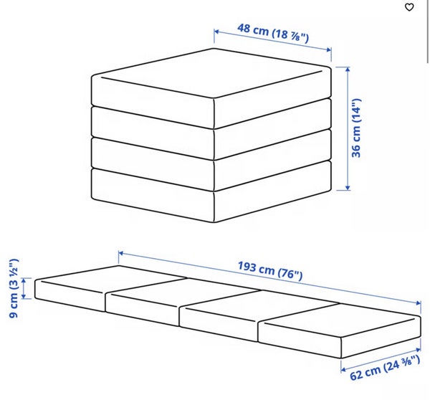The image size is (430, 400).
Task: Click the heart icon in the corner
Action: pos(409,7)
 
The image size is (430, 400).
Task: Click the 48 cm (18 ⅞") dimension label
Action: pos(273,33)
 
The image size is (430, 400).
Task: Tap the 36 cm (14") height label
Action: pos(356,128)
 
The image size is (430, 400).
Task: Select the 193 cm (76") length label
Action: pos(270,271)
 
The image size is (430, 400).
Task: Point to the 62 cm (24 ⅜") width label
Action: pos(385,367)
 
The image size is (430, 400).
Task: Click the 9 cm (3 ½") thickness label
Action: pos(14,288)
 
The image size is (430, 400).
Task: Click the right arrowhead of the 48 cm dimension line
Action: pos(329,49)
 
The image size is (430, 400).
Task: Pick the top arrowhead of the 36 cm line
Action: pos(348,69)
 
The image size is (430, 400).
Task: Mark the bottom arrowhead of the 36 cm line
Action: pos(348,187)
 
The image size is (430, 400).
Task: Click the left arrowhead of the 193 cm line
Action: pos(121,253)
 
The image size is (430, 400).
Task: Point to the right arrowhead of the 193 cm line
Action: pos(419,303)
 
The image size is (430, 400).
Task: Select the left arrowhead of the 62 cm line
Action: pos(343,370)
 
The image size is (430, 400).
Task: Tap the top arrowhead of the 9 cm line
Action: pos(24,280)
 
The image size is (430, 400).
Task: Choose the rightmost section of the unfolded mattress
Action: pos(340,329)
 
